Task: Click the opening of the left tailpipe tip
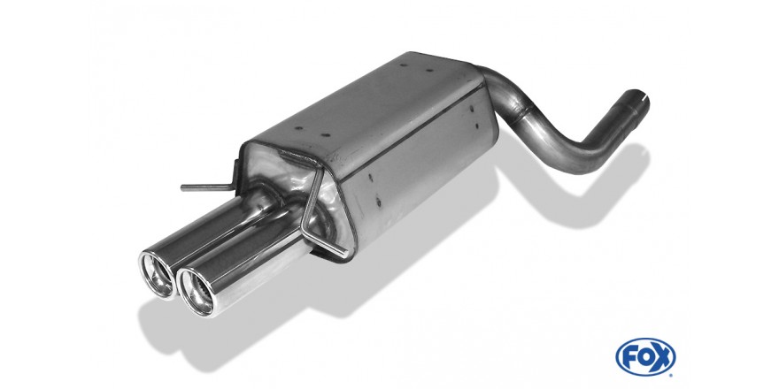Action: point(158,275)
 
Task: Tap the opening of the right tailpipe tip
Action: point(196,292)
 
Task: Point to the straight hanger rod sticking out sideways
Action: point(204,187)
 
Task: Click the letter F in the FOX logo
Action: point(630,355)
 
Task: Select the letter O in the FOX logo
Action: point(645,355)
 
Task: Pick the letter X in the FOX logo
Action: point(661,355)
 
